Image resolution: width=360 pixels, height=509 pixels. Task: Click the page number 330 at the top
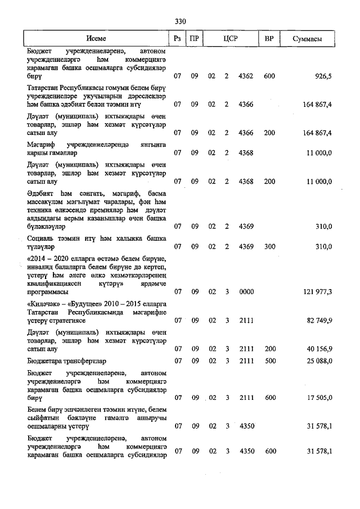coord(180,22)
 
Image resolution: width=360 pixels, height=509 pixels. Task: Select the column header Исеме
coord(96,39)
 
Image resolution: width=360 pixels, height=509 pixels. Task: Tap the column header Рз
coord(178,39)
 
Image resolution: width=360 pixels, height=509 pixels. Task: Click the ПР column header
coord(194,39)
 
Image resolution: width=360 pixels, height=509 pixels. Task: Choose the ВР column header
coord(269,39)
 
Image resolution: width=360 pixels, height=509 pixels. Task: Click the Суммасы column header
coord(308,39)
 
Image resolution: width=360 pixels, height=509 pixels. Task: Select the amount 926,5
coord(323,76)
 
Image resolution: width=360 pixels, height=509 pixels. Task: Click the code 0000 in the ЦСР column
coord(246,292)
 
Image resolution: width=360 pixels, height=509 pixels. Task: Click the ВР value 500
coord(269,361)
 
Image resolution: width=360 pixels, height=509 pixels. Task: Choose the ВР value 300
coord(269,246)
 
